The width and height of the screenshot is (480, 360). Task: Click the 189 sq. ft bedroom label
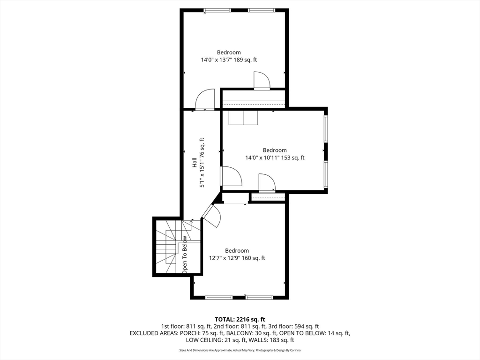tap(229, 56)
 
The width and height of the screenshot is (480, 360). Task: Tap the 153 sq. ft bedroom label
tap(275, 154)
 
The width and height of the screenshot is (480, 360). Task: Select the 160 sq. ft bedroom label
tap(237, 254)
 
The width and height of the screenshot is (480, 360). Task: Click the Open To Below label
tap(185, 255)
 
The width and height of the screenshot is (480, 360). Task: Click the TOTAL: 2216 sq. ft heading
tap(240, 320)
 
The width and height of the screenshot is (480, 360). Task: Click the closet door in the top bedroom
tap(262, 81)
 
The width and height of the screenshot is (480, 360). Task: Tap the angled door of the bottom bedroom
tap(211, 215)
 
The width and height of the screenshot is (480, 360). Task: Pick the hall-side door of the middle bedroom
tap(231, 176)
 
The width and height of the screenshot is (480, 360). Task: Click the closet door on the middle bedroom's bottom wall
tap(267, 183)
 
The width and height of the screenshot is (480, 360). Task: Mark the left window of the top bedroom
tap(217, 10)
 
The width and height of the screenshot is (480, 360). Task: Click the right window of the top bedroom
tap(262, 10)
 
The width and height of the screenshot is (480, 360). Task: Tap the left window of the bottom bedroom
tap(219, 297)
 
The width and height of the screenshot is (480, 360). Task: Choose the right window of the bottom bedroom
tap(259, 297)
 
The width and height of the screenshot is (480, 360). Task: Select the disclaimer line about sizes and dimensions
tap(240, 350)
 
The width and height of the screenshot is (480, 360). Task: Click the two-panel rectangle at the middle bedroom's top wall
tap(243, 118)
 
